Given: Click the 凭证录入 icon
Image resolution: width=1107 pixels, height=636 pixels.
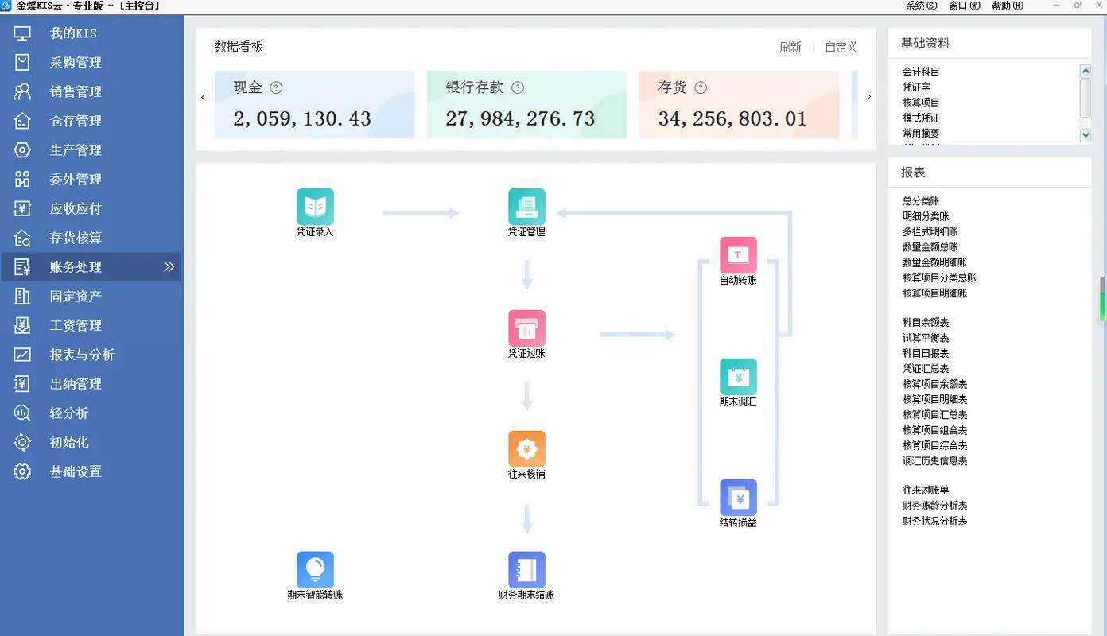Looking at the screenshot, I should [x=315, y=207].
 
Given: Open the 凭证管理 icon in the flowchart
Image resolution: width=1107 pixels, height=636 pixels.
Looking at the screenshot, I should [x=526, y=207].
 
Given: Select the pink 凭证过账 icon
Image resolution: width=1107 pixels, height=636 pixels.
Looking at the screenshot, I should [x=526, y=328].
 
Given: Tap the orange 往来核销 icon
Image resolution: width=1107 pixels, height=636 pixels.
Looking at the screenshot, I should [x=526, y=449].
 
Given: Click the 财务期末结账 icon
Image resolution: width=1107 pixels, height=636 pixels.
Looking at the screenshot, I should [x=526, y=570].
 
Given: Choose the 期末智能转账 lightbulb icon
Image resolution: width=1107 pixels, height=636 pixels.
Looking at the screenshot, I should [x=315, y=570].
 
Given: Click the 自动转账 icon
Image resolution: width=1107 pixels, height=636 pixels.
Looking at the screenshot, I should [x=738, y=255].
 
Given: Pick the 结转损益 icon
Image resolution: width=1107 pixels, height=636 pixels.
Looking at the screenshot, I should [x=738, y=498].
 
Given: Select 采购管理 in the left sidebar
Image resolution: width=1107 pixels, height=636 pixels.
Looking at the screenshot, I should [x=76, y=63].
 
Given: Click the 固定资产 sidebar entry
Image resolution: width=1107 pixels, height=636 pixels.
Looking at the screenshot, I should [x=76, y=297].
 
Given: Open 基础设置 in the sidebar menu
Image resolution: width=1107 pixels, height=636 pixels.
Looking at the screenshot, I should [x=76, y=471].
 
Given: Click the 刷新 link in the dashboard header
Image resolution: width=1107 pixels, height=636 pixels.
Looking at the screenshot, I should [x=790, y=48].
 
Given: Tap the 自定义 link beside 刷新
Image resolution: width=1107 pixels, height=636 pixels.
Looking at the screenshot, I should [x=841, y=48].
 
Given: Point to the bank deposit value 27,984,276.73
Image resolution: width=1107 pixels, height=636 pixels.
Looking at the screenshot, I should [x=520, y=119].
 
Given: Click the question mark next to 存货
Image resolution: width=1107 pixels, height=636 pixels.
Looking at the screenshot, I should [x=701, y=88].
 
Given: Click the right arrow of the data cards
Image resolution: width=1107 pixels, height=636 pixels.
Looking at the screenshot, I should [x=868, y=97].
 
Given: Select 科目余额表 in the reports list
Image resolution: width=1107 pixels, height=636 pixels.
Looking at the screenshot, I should [x=925, y=323].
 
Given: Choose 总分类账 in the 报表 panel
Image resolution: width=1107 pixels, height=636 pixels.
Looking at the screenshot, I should [x=921, y=201].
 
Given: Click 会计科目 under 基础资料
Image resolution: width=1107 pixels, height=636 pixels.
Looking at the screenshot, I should [x=921, y=72].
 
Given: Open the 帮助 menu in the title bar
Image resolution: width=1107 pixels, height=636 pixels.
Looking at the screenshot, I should [x=1006, y=6].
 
